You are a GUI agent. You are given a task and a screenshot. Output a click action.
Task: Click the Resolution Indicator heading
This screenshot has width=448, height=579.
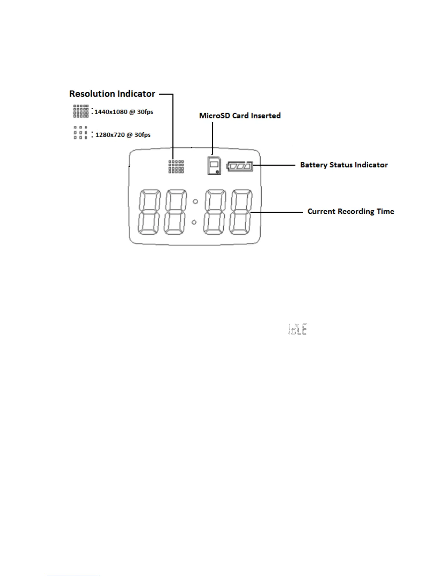tap(112, 94)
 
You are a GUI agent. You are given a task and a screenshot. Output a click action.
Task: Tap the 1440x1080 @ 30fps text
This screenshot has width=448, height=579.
tap(124, 112)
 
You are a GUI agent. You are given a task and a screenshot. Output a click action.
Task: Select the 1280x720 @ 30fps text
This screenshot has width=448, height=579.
tap(123, 135)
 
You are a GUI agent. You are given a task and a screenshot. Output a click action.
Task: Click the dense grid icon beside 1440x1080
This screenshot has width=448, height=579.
tap(81, 111)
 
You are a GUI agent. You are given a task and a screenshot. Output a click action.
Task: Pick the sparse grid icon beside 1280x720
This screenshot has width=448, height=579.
tap(81, 133)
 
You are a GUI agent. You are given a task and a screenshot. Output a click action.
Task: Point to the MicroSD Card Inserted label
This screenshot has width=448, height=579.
tap(240, 116)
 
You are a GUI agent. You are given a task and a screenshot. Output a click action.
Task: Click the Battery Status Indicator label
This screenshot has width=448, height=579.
tap(344, 165)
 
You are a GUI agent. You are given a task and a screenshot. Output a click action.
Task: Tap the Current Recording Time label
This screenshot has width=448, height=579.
tap(351, 212)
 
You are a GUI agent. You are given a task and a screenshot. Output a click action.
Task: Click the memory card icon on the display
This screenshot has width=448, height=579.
tap(214, 166)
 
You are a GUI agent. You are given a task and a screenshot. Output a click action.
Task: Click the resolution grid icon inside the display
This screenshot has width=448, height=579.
tap(176, 167)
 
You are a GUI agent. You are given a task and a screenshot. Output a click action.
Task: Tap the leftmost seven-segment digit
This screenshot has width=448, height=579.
tap(149, 212)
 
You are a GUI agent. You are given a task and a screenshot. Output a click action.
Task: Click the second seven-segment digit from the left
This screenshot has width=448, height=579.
tap(175, 212)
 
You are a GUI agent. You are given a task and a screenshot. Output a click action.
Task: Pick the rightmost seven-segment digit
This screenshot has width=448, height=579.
tap(241, 212)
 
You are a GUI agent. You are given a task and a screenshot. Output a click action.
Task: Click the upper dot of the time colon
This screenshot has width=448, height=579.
tap(195, 201)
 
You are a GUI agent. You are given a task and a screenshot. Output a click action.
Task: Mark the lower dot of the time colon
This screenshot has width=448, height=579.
tap(194, 222)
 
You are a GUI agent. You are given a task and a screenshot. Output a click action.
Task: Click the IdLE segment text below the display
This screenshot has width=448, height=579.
tap(298, 329)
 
